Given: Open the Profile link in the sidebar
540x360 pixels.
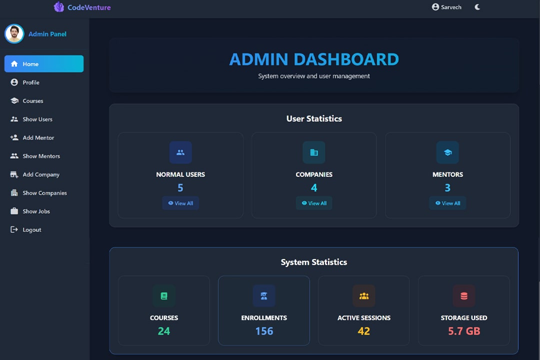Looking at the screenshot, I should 30,82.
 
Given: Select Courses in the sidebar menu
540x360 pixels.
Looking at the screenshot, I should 32,101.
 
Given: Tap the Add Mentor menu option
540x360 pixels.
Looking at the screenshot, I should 38,137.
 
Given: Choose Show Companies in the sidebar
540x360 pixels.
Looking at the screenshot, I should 44,193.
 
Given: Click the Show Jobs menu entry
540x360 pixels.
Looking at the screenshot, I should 36,211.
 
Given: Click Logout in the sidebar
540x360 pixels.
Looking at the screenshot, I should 31,230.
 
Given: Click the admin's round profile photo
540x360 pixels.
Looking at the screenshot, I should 14,34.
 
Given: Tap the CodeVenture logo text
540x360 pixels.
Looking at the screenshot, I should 89,7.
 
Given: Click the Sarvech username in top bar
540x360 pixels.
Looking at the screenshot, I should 450,7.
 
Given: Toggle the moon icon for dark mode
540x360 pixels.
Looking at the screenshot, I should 477,7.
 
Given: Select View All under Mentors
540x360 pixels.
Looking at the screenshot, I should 447,203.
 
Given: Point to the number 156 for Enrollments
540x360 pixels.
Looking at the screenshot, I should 264,331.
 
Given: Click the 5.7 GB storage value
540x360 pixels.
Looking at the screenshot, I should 464,331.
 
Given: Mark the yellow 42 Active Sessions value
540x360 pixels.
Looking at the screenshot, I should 364,331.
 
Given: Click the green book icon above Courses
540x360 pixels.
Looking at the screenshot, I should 164,296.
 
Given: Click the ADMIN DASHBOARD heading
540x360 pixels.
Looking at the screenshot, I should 314,59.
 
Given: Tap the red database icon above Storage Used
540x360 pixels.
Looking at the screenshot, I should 464,296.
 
